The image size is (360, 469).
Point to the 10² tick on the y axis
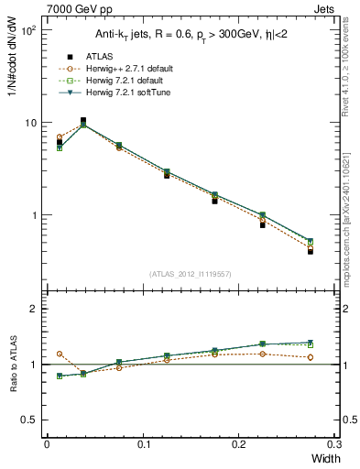27,30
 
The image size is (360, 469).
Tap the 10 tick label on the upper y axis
30,123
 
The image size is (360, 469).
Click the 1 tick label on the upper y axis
33,215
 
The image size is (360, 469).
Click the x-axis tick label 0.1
144,443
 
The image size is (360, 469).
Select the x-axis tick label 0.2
240,443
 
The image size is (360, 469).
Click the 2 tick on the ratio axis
33,309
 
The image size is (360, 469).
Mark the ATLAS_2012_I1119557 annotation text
191,274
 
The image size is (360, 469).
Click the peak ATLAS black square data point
83,120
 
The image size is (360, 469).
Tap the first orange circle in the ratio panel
60,354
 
